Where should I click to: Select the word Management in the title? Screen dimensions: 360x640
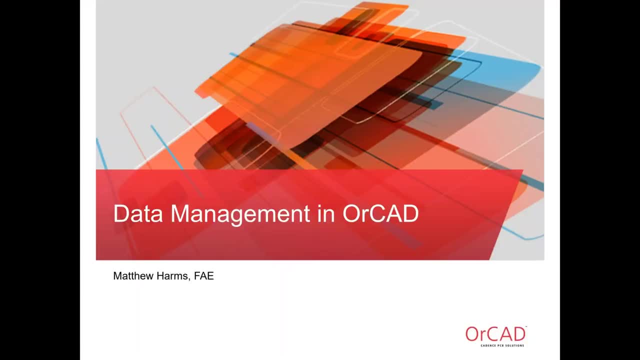click(239, 214)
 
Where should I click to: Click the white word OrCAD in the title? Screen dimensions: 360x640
click(380, 214)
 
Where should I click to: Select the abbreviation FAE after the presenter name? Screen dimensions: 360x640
click(204, 276)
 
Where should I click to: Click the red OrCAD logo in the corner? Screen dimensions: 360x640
click(495, 334)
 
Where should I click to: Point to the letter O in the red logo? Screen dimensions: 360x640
click(472, 334)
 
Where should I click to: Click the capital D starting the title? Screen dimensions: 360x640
click(120, 214)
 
